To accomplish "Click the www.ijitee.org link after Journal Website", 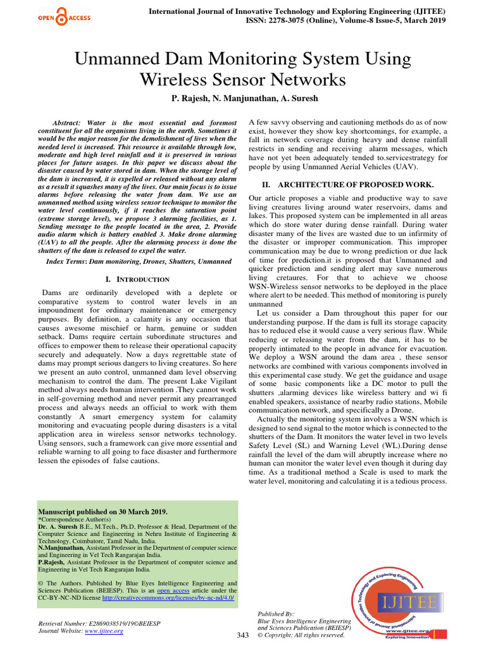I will tap(104, 631).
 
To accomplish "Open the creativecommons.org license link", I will tap(168, 597).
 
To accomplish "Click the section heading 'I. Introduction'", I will tap(137, 279).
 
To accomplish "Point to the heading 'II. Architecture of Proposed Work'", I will tap(348, 184).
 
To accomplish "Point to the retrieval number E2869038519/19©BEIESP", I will tap(99, 623).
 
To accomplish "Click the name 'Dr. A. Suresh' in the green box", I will tap(59, 526).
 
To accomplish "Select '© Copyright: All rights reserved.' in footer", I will tap(301, 635).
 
